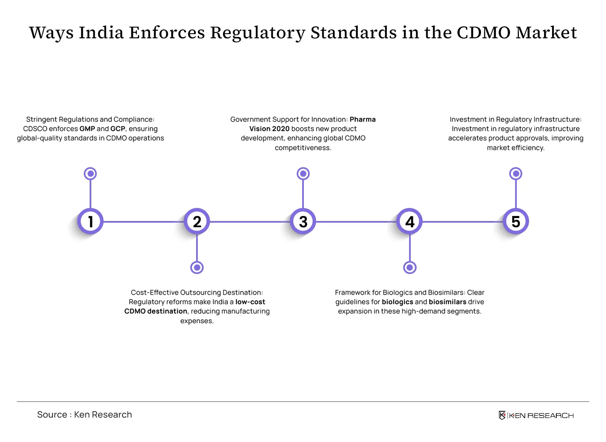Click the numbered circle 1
[90, 221]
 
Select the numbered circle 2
[197, 221]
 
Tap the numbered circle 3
[303, 221]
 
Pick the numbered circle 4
[409, 221]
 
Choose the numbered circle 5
[516, 221]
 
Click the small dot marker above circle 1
[90, 173]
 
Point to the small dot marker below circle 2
[197, 268]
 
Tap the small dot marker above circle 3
[303, 173]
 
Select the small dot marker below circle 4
[409, 268]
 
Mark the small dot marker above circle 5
[516, 173]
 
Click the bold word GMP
[87, 129]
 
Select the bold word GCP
[118, 129]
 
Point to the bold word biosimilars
[447, 302]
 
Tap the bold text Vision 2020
[269, 129]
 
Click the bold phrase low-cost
[250, 302]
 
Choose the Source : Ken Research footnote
[85, 414]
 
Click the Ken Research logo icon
[502, 415]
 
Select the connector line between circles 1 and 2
[144, 222]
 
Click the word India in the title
[101, 33]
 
